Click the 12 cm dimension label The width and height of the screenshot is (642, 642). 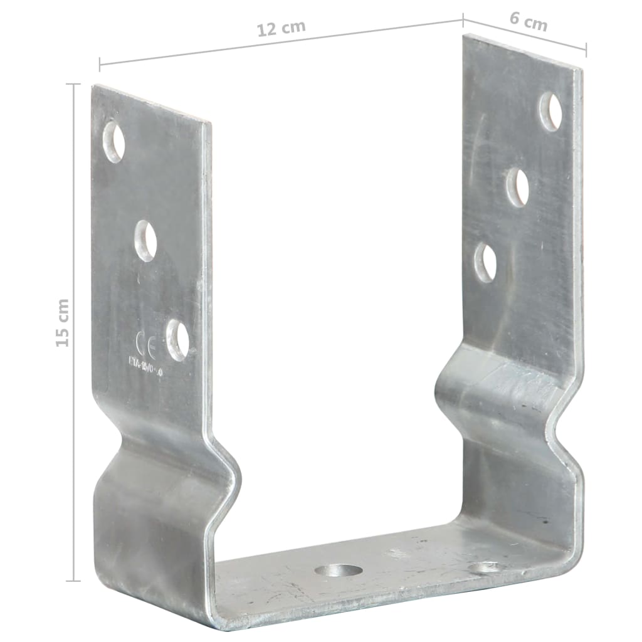coord(281,29)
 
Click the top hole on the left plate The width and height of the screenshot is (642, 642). coord(113,141)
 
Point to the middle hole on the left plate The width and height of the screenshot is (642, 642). coord(145,240)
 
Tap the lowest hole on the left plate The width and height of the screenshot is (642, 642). coord(177,339)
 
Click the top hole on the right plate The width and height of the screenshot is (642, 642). coord(550,111)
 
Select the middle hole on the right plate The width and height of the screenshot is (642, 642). coord(517,187)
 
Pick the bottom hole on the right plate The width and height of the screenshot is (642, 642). coord(485,261)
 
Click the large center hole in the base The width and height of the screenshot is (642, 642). coord(339,571)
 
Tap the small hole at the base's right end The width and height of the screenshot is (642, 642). coord(485,568)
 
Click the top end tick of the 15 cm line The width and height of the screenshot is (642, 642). coord(74,84)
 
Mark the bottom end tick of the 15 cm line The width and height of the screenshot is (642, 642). coord(74,581)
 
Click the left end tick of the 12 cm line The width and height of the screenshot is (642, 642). coord(100,63)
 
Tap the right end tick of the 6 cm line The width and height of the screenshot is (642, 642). coord(586,50)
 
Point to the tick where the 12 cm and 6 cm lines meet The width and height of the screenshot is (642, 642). coord(463,20)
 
